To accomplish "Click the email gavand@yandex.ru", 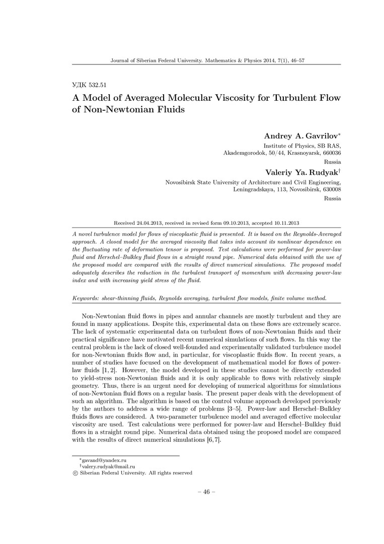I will (x=103, y=460).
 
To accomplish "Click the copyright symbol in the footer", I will (x=75, y=473).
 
